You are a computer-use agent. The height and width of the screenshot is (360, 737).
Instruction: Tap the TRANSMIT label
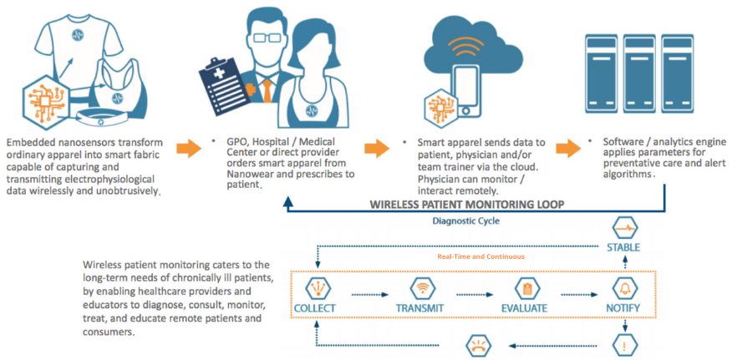click(419, 309)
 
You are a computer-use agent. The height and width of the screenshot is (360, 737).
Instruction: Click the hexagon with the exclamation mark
click(625, 346)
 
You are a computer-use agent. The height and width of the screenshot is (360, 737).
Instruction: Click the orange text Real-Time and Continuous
click(480, 256)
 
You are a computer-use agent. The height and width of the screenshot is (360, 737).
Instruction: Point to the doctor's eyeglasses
click(267, 38)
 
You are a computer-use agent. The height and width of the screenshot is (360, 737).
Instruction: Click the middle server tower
click(639, 74)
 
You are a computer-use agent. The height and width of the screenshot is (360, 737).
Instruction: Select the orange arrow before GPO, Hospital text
click(189, 148)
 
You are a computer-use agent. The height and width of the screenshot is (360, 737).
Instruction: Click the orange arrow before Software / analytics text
click(568, 148)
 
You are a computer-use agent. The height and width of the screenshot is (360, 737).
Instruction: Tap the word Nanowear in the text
click(247, 174)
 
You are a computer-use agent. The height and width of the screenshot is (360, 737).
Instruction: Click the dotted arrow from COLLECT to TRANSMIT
click(370, 295)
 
